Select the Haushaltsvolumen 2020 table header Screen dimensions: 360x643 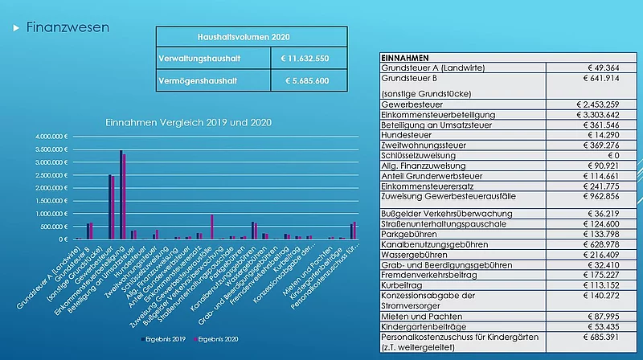coord(251,37)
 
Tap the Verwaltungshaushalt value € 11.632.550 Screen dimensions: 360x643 coord(309,59)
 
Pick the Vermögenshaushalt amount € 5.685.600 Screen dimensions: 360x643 coord(309,81)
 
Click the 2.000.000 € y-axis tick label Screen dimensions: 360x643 coord(53,188)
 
